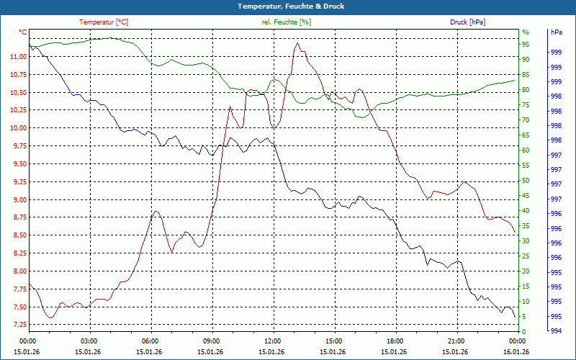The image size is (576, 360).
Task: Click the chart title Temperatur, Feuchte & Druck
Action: pos(288,6)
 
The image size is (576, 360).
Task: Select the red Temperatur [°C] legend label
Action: pos(104,22)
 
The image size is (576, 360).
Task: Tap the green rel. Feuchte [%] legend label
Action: pos(287,22)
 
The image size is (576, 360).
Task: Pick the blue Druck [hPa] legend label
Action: pos(467,22)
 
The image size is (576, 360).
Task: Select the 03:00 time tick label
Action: pos(89,341)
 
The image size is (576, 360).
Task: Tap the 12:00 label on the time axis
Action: pos(273,341)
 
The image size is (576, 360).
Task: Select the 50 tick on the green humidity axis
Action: pos(526,181)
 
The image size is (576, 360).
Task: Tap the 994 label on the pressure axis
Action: pos(556,331)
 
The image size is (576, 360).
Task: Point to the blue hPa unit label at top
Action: pos(556,32)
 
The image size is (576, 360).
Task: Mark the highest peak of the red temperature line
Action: pos(296,43)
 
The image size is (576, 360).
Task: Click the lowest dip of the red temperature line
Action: pos(50,318)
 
